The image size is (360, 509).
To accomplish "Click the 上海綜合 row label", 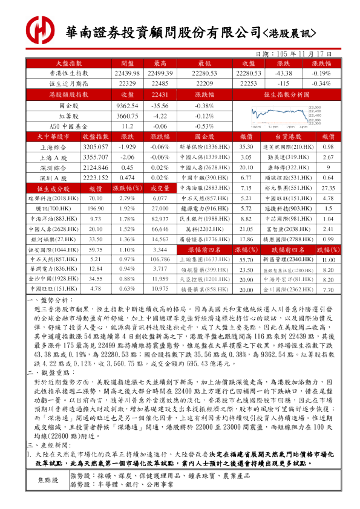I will [54, 147].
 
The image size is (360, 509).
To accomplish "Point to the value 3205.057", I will [95, 147].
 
